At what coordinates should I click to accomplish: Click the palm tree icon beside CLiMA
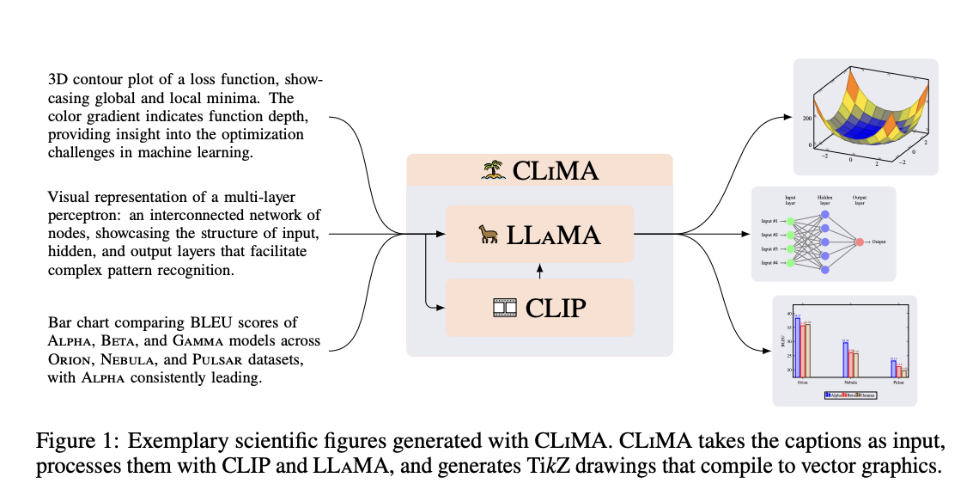pos(493,170)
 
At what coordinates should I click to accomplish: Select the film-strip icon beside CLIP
pos(504,307)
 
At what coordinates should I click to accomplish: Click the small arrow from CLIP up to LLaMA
pos(540,271)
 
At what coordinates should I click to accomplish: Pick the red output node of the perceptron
pos(860,242)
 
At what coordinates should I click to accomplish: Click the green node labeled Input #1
pos(790,221)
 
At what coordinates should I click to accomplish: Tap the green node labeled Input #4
pos(790,262)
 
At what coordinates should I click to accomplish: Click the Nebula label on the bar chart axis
pos(850,382)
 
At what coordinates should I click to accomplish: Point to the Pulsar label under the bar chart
pos(898,382)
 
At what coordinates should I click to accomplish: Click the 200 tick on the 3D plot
pos(807,119)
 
